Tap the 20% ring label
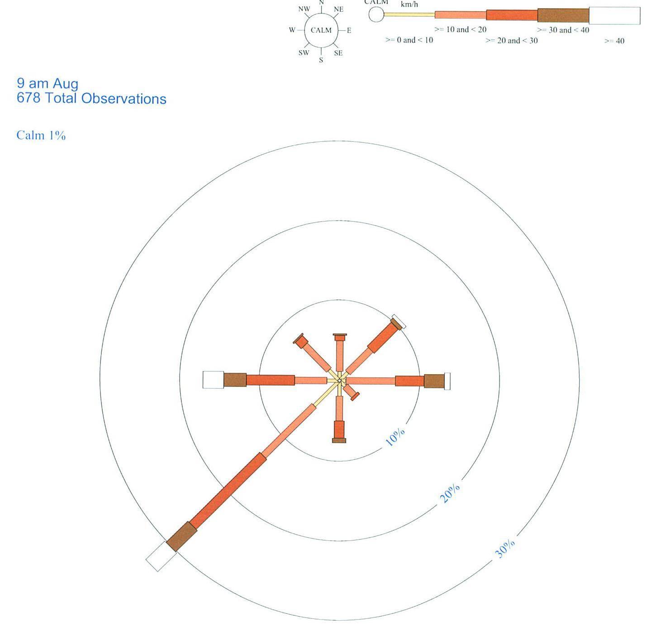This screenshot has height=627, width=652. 450,493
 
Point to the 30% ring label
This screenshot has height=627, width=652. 504,549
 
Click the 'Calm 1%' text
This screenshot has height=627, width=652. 41,135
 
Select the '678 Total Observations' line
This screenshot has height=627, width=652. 91,99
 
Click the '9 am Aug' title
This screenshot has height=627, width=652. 48,83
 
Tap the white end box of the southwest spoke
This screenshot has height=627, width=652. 161,556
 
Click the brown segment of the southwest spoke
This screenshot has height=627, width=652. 181,536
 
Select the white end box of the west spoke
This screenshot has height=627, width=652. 214,380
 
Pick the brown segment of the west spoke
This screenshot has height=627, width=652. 235,380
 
